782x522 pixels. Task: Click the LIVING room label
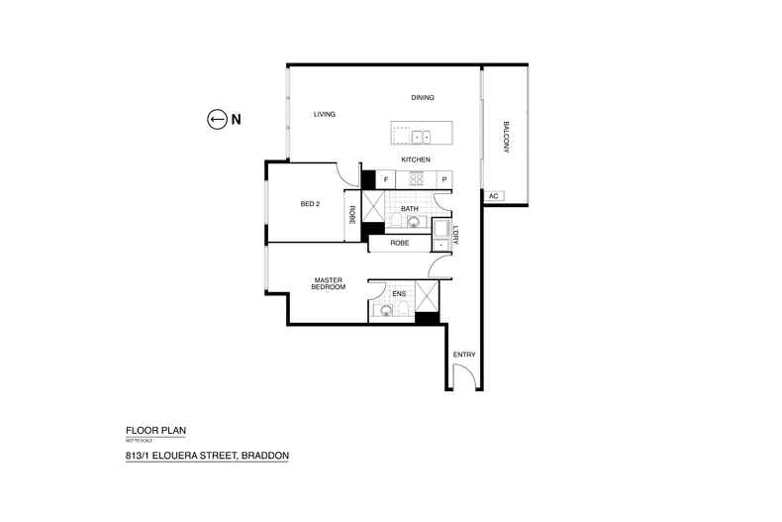coord(325,115)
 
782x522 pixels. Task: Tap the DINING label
coord(423,97)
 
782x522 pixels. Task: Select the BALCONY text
coord(505,136)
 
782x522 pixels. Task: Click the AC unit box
coord(493,196)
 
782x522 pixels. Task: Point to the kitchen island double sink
coord(421,137)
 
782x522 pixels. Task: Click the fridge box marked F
coord(385,179)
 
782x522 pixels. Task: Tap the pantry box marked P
coord(444,179)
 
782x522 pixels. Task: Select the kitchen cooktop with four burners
coord(416,179)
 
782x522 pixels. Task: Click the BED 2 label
coord(310,204)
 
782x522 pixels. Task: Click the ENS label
coord(399,293)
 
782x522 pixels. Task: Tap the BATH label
coord(410,209)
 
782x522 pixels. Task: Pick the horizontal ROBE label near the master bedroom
coord(399,243)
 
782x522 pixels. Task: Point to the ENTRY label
coord(463,354)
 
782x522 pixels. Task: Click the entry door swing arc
coord(460,372)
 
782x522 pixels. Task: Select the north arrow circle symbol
coord(217,120)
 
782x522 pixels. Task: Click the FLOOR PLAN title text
coord(155,430)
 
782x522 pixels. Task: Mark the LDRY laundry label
coord(456,235)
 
